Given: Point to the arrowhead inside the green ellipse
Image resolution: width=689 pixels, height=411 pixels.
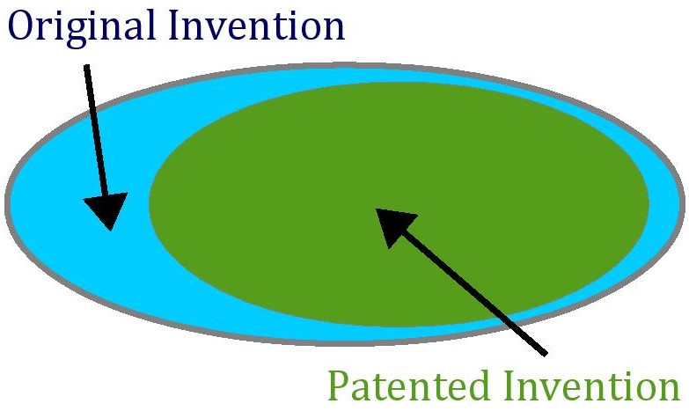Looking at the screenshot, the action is click(x=392, y=225).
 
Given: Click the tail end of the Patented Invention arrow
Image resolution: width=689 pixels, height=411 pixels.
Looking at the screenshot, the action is click(x=546, y=354).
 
